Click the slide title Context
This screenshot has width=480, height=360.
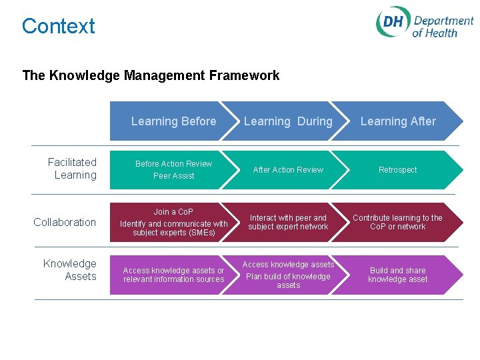(59, 26)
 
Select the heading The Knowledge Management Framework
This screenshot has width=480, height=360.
(151, 75)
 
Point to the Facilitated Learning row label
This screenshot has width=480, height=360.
(72, 169)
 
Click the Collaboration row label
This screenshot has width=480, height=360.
(65, 222)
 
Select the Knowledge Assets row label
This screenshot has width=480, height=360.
(70, 270)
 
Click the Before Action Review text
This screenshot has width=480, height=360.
(173, 164)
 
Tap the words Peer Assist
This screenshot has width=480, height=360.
(173, 176)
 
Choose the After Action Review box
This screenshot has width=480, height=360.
(288, 170)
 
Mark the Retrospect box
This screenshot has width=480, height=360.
(398, 170)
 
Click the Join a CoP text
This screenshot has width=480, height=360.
(173, 212)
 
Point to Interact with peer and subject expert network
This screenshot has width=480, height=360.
(288, 222)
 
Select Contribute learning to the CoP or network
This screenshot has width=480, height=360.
(398, 222)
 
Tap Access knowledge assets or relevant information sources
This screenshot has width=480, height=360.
(173, 275)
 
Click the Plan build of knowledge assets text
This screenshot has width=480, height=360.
(288, 281)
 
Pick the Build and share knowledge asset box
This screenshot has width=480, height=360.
(398, 275)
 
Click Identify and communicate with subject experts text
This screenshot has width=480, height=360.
(173, 228)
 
